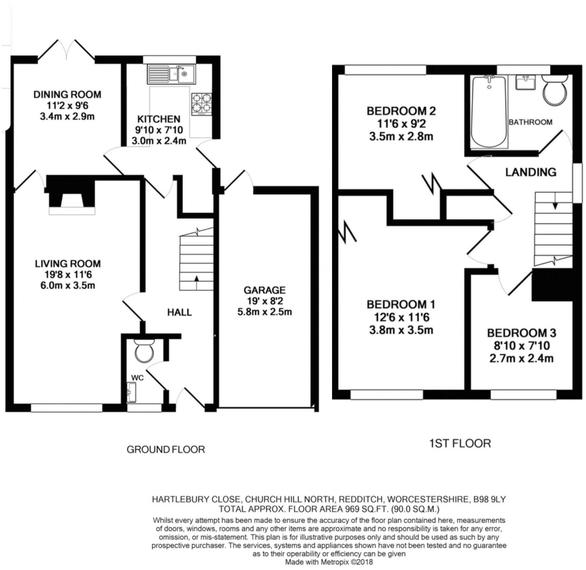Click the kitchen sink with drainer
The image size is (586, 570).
tap(171, 74)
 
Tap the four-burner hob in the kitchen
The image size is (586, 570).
tap(202, 104)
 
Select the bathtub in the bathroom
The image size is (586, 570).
tap(489, 112)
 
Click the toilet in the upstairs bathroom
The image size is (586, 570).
tap(554, 89)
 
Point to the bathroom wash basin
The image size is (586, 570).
tap(525, 82)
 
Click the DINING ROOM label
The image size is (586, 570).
tap(67, 95)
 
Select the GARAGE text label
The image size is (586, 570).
tap(264, 290)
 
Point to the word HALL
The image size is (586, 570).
tap(179, 312)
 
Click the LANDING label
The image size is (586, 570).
tap(531, 172)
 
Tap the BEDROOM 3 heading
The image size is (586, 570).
tap(521, 333)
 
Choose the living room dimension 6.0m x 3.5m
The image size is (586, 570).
tap(68, 285)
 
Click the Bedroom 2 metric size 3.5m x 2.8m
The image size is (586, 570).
tap(401, 136)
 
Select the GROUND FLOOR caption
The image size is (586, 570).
tap(166, 450)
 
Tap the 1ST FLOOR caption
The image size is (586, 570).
tap(460, 443)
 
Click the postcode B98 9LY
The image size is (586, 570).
tap(488, 499)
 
